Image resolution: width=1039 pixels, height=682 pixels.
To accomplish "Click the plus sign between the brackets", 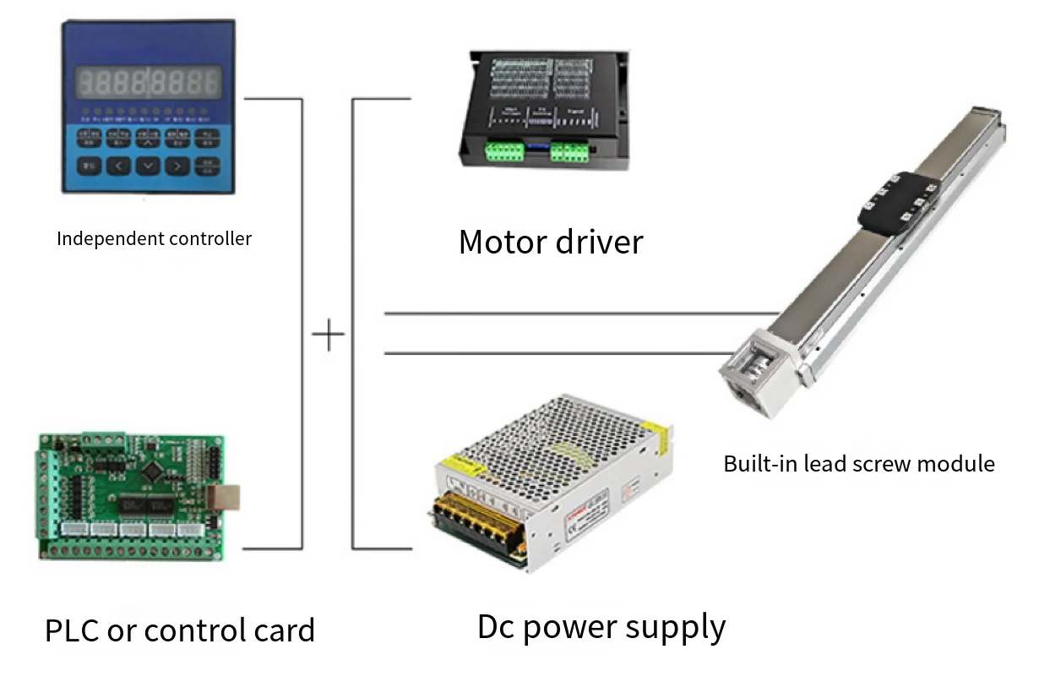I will tap(328, 336).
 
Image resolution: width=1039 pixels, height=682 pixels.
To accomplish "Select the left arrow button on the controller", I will tap(119, 165).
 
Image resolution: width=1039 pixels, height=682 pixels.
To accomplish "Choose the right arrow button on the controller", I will tap(177, 165).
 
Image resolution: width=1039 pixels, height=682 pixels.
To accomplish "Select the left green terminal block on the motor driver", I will tap(504, 151).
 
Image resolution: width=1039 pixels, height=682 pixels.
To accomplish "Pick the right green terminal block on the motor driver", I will tap(570, 151).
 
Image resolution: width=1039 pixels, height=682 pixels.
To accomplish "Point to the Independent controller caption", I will tap(154, 238).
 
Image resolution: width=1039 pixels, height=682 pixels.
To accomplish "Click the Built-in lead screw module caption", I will tap(858, 463).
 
